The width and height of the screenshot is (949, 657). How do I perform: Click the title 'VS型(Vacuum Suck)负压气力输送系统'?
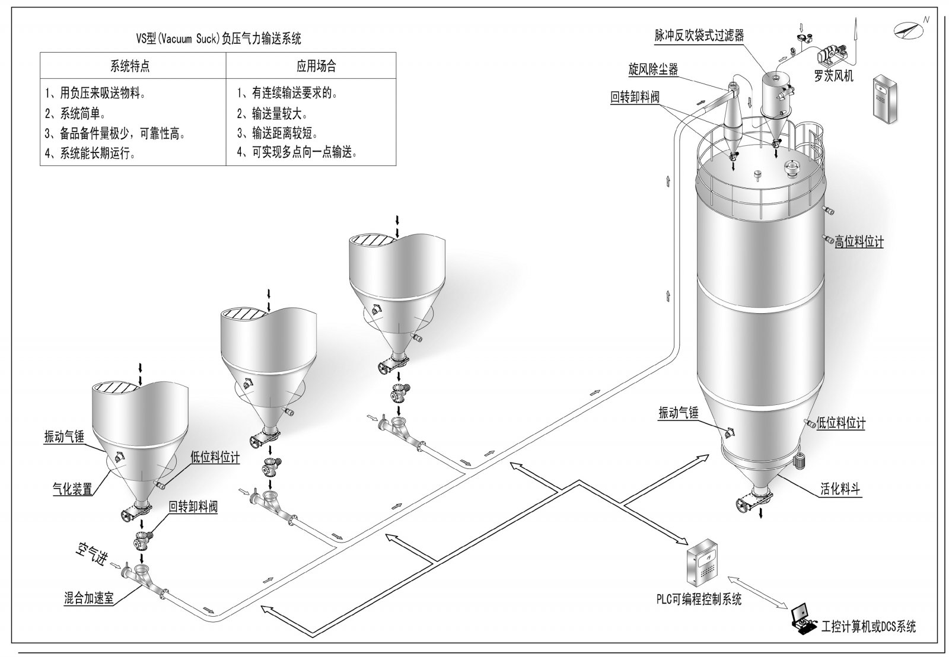[x=218, y=39]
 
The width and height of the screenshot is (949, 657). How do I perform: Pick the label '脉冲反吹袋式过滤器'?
[x=699, y=36]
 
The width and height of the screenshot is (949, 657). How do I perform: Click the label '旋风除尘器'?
[x=653, y=69]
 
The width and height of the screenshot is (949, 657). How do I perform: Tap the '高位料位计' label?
[x=859, y=242]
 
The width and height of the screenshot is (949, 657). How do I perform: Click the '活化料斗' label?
[x=840, y=490]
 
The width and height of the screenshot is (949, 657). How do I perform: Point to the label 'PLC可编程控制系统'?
[x=698, y=599]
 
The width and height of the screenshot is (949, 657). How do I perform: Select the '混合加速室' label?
[x=89, y=598]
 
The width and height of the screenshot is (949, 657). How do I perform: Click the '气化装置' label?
[x=72, y=489]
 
